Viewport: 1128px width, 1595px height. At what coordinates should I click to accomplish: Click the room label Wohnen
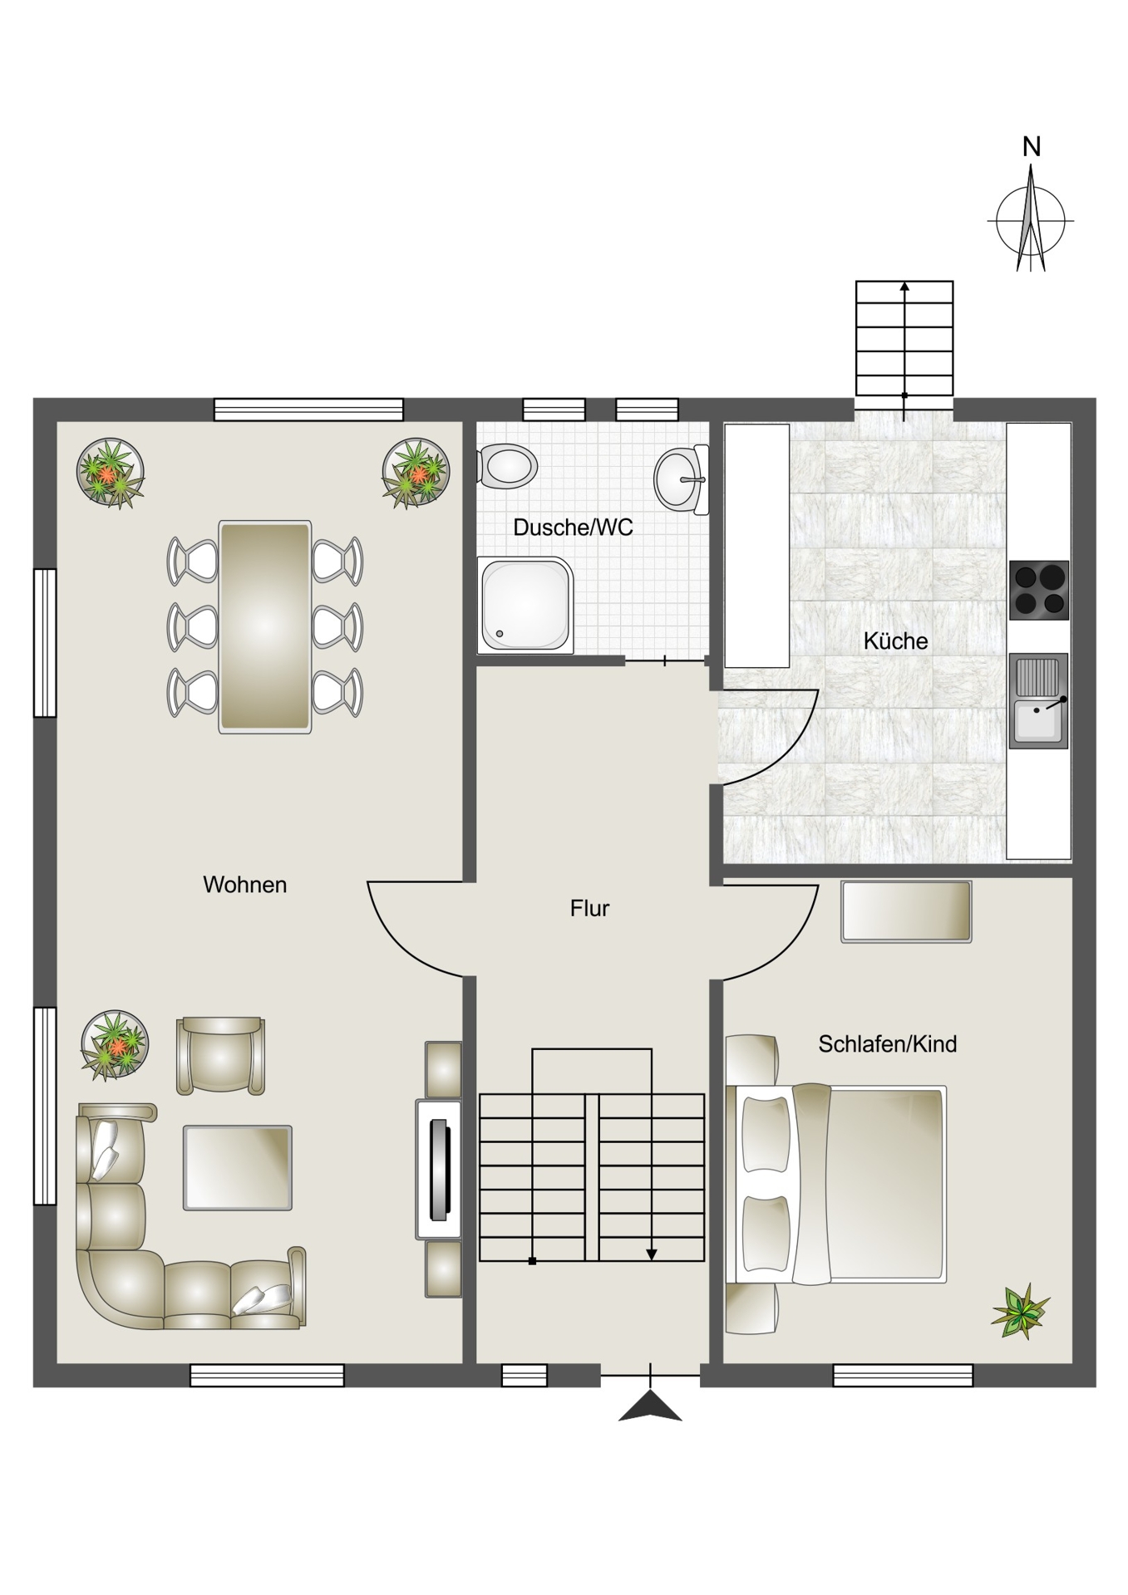(244, 885)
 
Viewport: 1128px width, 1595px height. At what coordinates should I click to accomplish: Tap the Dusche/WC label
(573, 528)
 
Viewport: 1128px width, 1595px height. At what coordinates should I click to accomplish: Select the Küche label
(895, 640)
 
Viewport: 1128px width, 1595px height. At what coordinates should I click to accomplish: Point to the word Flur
(589, 908)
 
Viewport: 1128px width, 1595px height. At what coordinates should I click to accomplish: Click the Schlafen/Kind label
(887, 1043)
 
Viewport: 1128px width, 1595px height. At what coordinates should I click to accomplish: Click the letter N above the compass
(1031, 147)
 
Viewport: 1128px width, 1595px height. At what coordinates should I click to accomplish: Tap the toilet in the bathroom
(506, 466)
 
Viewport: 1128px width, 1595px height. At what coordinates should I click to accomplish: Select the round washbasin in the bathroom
(681, 479)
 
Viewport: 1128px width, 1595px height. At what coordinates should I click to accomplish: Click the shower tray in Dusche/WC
(525, 606)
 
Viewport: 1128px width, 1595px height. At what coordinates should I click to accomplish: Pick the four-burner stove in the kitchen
(1038, 591)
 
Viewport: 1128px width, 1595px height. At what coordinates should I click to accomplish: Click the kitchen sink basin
(1038, 701)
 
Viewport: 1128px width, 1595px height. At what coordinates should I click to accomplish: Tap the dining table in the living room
(264, 627)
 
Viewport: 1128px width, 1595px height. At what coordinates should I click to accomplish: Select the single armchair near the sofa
(220, 1056)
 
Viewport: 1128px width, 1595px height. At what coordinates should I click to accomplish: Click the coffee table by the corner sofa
(237, 1167)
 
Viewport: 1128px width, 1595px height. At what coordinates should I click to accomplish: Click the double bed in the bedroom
(836, 1185)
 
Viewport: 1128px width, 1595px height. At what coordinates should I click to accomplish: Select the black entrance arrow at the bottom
(650, 1406)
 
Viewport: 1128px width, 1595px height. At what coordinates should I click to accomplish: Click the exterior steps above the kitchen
(904, 338)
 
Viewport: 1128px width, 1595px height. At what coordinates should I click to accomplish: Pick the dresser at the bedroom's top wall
(906, 911)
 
